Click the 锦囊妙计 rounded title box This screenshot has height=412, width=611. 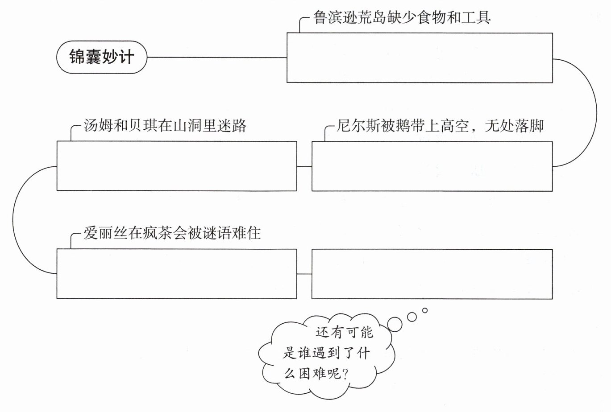[x=102, y=57]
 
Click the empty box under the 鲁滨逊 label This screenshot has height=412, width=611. [x=420, y=58]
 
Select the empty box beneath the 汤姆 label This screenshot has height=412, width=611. [x=177, y=166]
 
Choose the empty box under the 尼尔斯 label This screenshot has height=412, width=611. [x=432, y=166]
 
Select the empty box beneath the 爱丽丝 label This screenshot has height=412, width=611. [x=177, y=274]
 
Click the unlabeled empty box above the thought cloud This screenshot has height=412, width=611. [x=432, y=274]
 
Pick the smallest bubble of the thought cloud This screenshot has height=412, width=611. [x=425, y=310]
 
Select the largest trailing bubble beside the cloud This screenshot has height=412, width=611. [x=395, y=324]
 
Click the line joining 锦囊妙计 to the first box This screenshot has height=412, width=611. [x=217, y=58]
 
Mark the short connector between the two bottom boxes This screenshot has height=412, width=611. [x=304, y=274]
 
